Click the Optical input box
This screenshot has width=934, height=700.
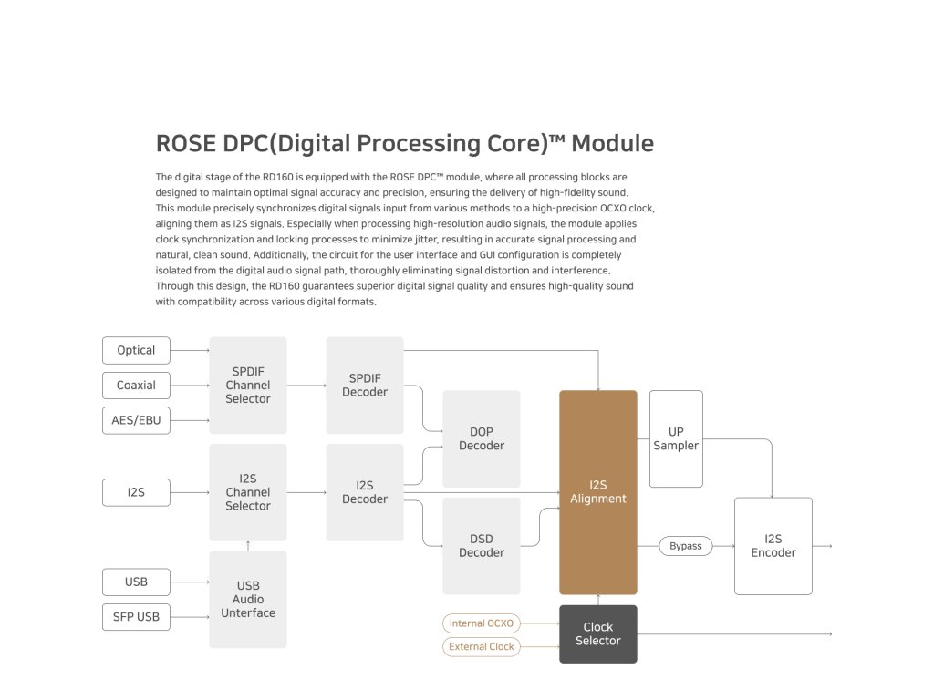click(x=136, y=350)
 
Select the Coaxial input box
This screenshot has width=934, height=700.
click(x=136, y=386)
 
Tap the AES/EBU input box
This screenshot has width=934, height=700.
click(x=136, y=420)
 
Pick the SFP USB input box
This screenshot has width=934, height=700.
click(x=136, y=617)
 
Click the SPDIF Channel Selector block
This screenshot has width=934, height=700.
click(x=248, y=386)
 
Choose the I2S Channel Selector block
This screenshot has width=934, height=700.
click(x=248, y=492)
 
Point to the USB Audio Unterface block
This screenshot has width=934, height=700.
click(x=248, y=600)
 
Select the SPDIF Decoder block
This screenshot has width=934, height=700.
click(x=365, y=386)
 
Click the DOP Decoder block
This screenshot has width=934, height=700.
click(x=482, y=438)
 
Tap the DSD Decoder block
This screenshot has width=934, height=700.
click(x=482, y=546)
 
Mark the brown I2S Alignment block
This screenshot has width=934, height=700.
click(x=598, y=492)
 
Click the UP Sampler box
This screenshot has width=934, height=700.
click(x=676, y=438)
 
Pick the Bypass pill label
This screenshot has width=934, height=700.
click(x=686, y=546)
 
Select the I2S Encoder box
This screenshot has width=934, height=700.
click(x=773, y=546)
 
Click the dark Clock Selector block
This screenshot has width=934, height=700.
click(x=598, y=634)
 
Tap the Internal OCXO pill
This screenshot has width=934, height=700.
click(x=482, y=623)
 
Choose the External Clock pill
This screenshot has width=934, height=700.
click(x=482, y=646)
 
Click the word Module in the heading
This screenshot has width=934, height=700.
click(x=612, y=143)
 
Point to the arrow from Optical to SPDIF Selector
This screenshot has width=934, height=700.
click(x=190, y=351)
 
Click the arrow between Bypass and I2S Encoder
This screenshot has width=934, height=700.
click(x=723, y=546)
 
